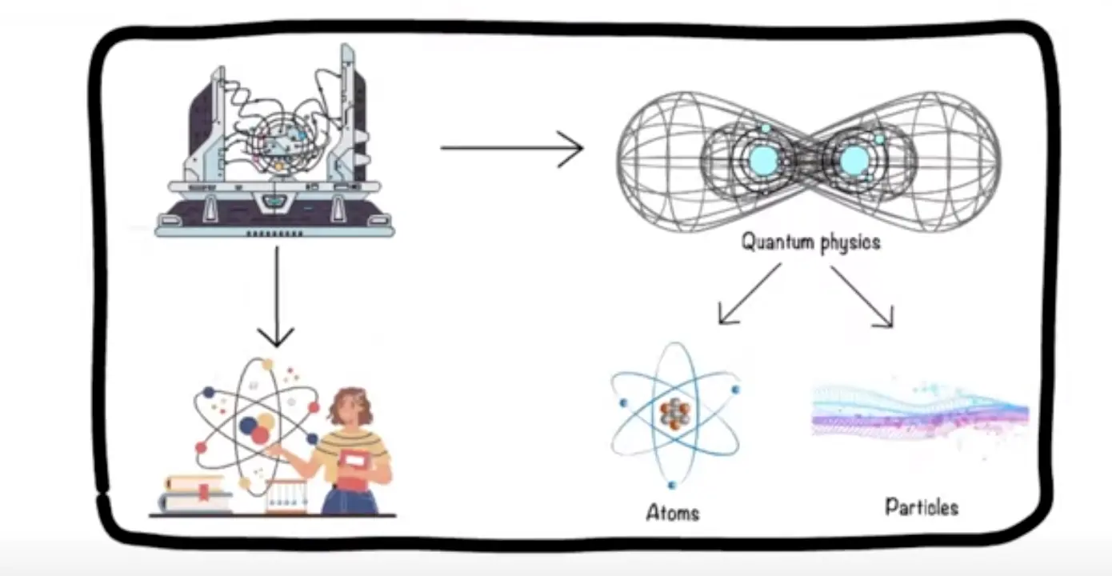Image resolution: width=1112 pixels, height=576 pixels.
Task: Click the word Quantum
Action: pyautogui.click(x=775, y=241)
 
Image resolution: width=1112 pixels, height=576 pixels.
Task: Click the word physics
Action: pyautogui.click(x=848, y=242)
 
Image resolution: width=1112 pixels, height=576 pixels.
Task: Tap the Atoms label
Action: pyautogui.click(x=672, y=512)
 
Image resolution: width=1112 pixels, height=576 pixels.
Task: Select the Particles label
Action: pyautogui.click(x=921, y=506)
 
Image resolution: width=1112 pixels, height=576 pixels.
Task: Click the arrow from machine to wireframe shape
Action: pyautogui.click(x=512, y=148)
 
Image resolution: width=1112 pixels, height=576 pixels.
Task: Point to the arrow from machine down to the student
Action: pyautogui.click(x=277, y=296)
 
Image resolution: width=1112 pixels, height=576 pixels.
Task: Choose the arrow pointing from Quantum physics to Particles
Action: pyautogui.click(x=862, y=296)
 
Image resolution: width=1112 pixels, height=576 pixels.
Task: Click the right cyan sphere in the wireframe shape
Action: pyautogui.click(x=854, y=160)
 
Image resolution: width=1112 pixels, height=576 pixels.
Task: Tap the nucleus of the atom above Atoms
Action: pyautogui.click(x=674, y=414)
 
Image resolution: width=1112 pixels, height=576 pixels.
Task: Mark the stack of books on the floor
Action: pyautogui.click(x=196, y=494)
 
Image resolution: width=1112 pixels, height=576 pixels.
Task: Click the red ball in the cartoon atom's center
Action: pyautogui.click(x=261, y=434)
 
